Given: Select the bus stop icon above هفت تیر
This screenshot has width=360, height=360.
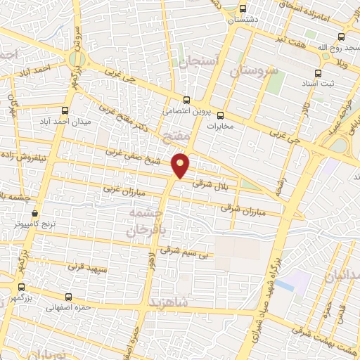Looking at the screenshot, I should click(x=341, y=37).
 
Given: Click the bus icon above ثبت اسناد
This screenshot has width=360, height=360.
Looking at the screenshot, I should click(x=318, y=72).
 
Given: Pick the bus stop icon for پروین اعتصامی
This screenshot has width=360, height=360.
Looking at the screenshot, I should click(x=186, y=100).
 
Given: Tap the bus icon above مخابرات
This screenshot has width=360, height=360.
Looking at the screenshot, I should click(x=219, y=116).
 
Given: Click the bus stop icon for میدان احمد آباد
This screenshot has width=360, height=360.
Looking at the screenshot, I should click(x=65, y=111).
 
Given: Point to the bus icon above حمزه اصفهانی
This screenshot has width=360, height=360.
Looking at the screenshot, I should click(x=68, y=297).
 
